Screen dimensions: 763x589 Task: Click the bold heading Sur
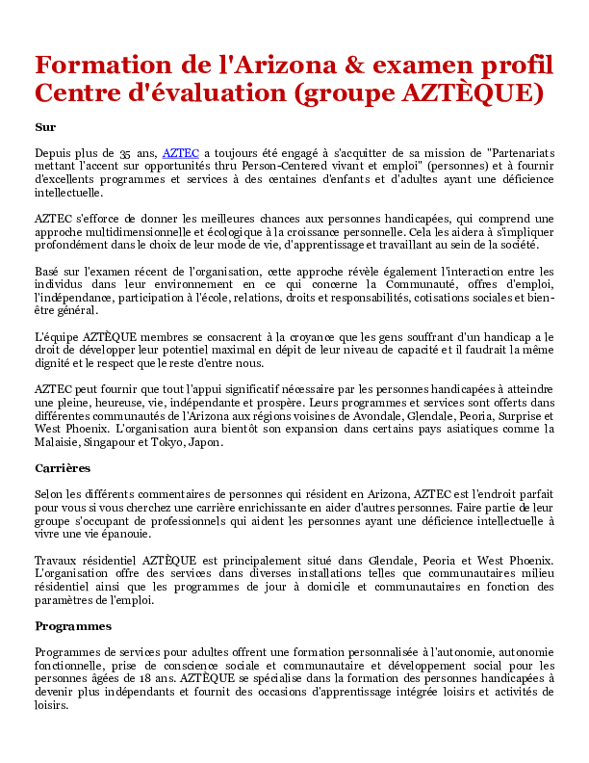[x=45, y=127]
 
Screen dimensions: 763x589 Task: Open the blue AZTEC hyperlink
[x=181, y=152]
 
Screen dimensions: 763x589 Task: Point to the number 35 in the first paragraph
[x=126, y=152]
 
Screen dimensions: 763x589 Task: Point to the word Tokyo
[x=179, y=443]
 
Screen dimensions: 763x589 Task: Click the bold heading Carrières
[x=63, y=468]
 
